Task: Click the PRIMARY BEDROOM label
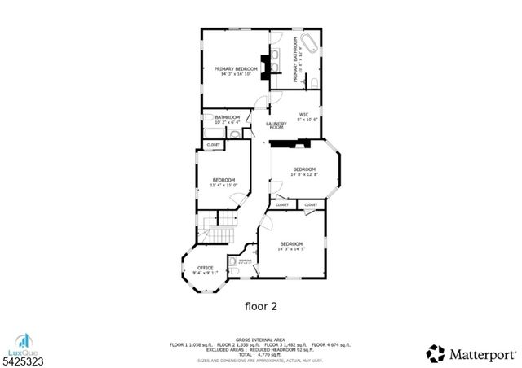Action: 236,68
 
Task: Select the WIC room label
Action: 303,114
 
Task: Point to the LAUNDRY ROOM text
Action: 276,125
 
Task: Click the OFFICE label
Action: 205,268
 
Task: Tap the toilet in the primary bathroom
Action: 314,80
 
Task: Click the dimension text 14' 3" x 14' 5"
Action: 291,249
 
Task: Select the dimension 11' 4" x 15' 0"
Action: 223,185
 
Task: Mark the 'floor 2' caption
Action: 261,307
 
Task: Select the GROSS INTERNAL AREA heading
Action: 260,340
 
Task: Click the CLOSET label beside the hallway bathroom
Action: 213,144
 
